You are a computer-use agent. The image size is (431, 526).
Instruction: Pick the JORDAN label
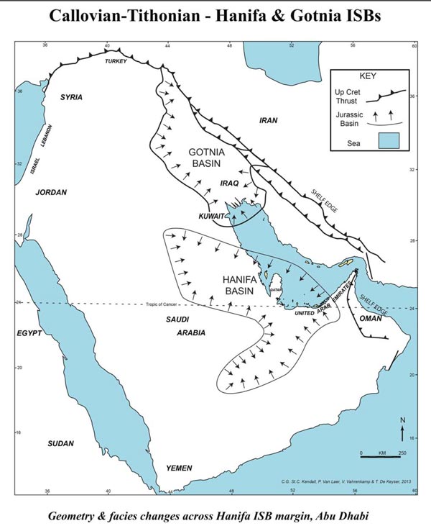51,192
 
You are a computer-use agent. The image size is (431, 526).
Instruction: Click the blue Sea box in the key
389,140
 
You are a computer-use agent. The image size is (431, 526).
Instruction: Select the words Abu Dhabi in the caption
349,516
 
